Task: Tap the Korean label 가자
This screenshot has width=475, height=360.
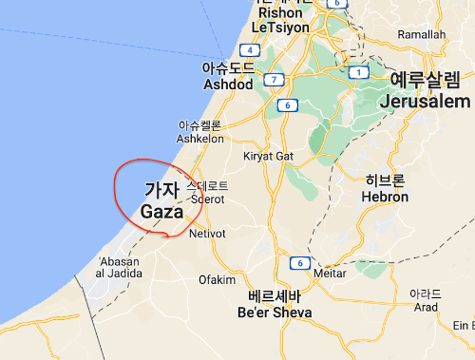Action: (161, 189)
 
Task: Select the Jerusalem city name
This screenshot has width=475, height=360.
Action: (425, 101)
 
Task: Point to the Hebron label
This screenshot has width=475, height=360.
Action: (385, 197)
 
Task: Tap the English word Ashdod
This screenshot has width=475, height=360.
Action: (228, 85)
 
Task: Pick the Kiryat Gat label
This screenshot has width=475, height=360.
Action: (271, 156)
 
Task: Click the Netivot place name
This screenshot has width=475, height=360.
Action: (207, 233)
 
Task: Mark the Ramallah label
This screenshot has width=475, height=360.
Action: (422, 34)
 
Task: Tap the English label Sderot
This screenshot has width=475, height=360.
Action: (206, 199)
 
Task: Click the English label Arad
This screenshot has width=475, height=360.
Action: (426, 307)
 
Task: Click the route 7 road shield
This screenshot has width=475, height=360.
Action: (275, 79)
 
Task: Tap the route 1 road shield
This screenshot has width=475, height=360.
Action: (359, 72)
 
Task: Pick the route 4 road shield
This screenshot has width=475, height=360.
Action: (250, 50)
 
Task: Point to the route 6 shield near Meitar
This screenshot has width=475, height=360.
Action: (298, 262)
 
